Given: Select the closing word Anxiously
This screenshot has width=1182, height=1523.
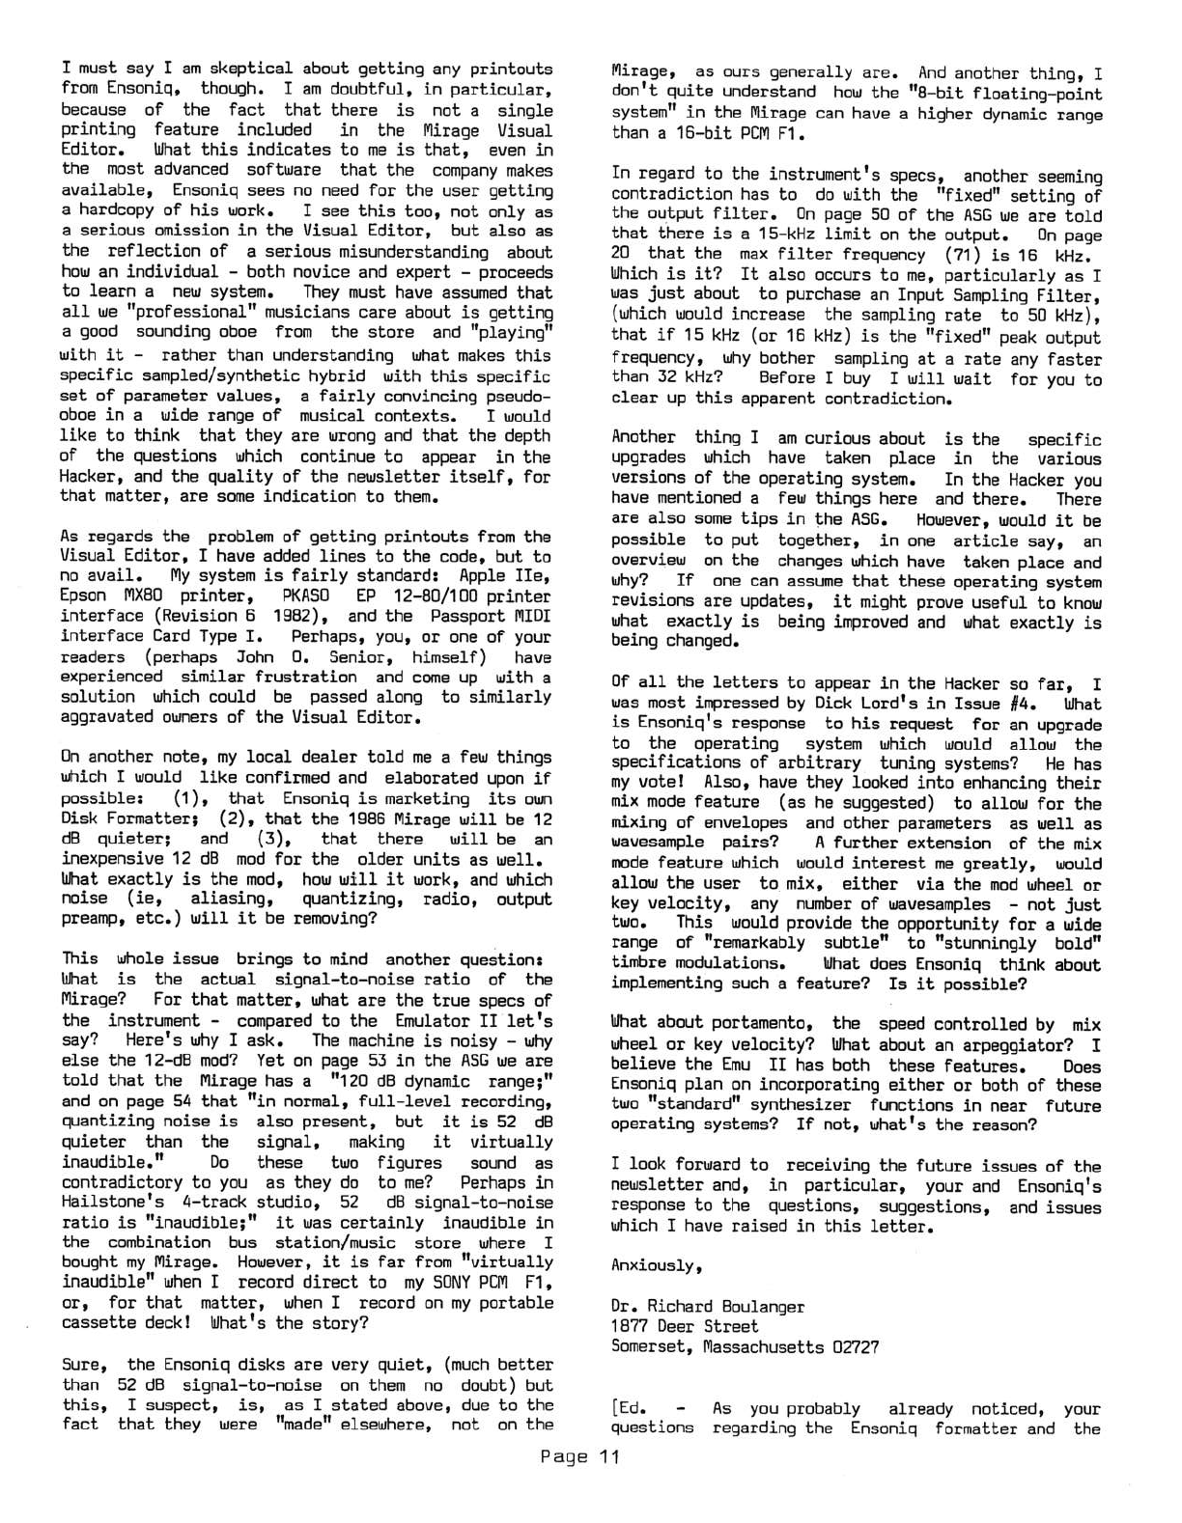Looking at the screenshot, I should (653, 1265).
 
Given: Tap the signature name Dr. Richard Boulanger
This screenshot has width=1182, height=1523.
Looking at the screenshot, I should (708, 1307).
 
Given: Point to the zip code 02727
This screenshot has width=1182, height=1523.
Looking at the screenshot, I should (849, 1347).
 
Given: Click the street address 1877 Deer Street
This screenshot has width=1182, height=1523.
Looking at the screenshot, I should (685, 1327).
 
